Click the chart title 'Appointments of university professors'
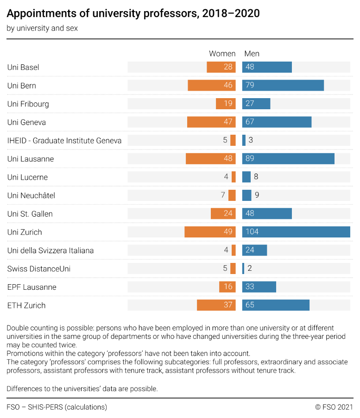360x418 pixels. point(133,14)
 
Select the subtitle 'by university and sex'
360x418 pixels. point(42,28)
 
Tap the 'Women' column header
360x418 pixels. point(222,54)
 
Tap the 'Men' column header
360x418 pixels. point(252,54)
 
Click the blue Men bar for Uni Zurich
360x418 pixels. point(296,232)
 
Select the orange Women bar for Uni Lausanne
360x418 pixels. point(210,159)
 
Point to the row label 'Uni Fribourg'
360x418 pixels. point(28,104)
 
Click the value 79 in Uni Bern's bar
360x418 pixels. point(250,86)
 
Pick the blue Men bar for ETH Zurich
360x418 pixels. point(276,305)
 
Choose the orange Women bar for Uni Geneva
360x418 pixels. point(211,122)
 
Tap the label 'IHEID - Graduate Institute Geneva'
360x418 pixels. point(64,140)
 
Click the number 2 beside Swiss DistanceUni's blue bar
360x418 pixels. point(250,268)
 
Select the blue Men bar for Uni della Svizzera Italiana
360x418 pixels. point(254,250)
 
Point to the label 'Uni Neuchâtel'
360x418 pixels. point(31,195)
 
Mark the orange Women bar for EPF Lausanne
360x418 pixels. point(227,287)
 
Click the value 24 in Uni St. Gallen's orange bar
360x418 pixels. point(228,214)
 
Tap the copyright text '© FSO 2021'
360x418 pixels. point(334,407)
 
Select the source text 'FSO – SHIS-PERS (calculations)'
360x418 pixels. point(57,407)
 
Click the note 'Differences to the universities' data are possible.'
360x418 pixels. point(82,389)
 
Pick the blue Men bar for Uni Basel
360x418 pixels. point(267,67)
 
